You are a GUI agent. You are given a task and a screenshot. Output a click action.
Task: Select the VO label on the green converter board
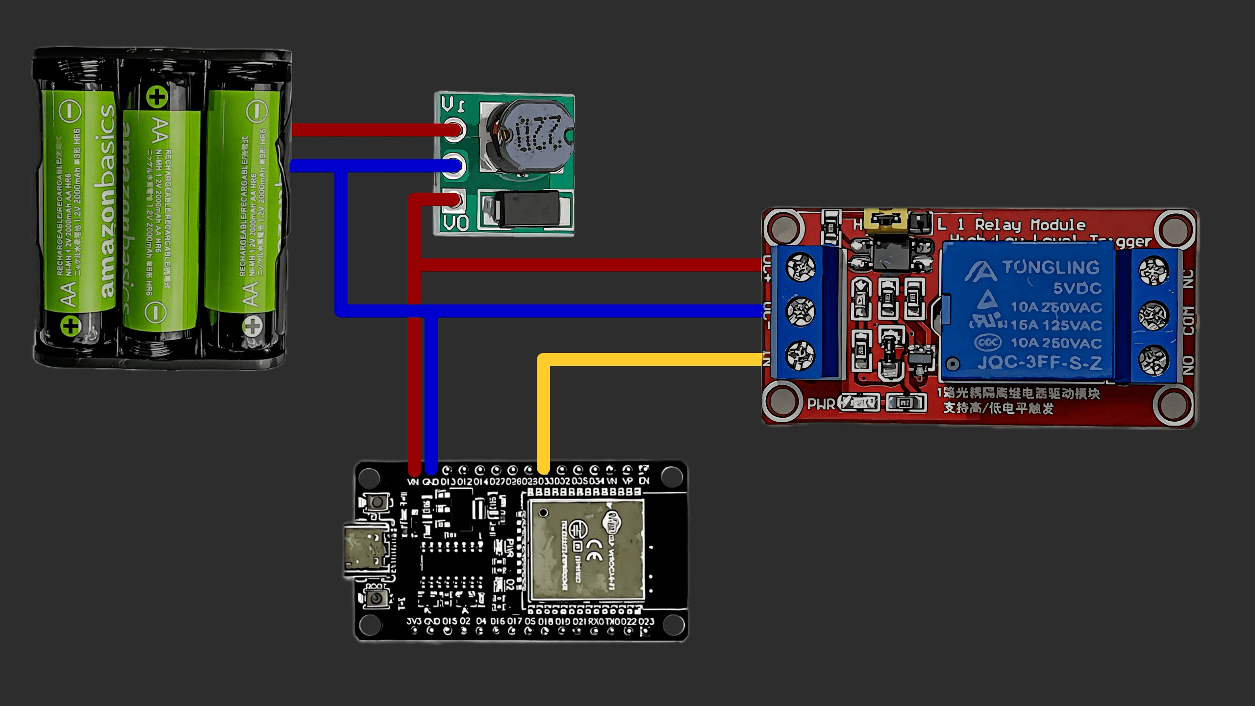pyautogui.click(x=456, y=223)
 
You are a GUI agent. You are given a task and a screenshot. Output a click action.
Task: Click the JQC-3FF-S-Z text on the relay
pyautogui.click(x=1039, y=363)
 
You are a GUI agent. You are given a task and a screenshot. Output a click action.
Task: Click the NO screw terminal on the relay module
pyautogui.click(x=1153, y=360)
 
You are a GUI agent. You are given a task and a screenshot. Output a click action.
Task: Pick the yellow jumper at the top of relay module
pyautogui.click(x=885, y=220)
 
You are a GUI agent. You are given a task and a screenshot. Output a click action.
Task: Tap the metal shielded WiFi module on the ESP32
pyautogui.click(x=586, y=552)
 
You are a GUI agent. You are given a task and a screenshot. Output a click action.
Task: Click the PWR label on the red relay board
pyautogui.click(x=821, y=404)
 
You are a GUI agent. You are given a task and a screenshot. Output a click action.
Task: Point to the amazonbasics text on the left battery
pyautogui.click(x=107, y=201)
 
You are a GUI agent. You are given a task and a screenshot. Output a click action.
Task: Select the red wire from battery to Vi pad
pyautogui.click(x=373, y=130)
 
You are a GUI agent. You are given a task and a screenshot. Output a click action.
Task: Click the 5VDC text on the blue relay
pyautogui.click(x=1077, y=288)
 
